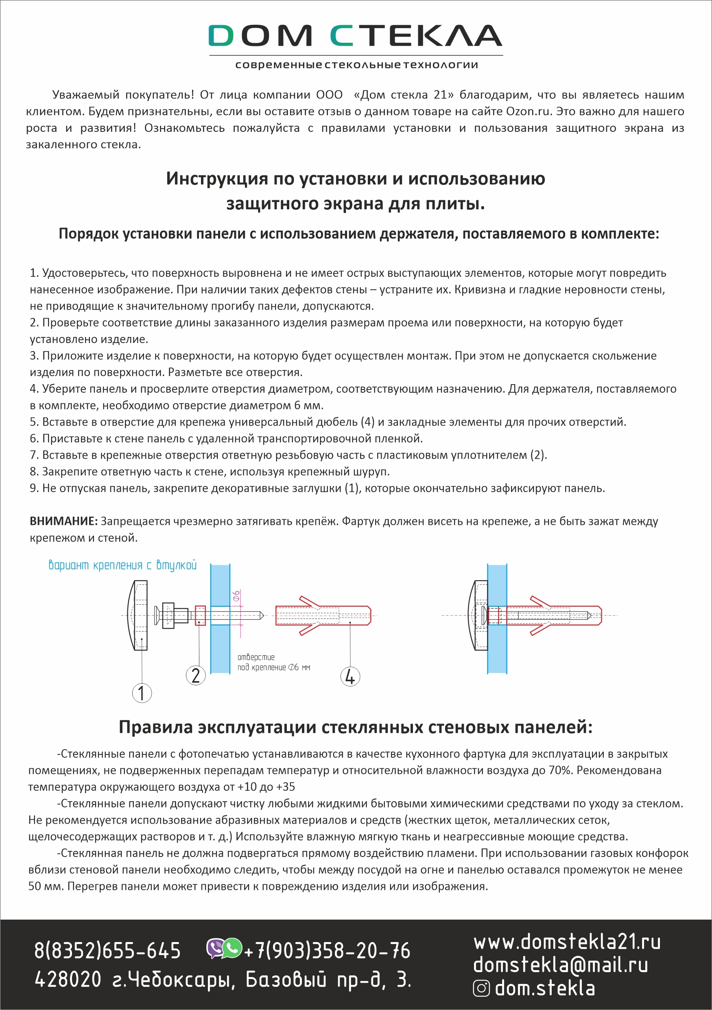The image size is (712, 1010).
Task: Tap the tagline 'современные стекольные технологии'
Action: point(356,65)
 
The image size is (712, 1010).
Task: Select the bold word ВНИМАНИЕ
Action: point(63,521)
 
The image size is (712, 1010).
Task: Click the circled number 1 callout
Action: point(142,693)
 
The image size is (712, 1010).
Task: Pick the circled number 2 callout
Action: point(196,675)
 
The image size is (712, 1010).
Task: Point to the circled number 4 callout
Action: point(350,677)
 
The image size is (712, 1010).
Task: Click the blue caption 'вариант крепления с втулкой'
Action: point(122,565)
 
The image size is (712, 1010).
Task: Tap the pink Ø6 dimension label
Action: point(236,596)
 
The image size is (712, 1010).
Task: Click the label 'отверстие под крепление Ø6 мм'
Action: point(273,662)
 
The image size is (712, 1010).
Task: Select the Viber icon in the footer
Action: point(216,949)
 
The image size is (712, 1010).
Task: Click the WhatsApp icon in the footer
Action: point(232,949)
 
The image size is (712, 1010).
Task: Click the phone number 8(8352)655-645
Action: point(108,951)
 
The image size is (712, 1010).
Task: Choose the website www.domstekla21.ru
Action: point(567,942)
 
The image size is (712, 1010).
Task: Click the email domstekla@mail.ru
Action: point(560,965)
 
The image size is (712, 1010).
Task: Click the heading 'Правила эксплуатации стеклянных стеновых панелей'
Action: point(355,727)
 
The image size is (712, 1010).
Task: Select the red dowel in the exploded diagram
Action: point(323,615)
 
